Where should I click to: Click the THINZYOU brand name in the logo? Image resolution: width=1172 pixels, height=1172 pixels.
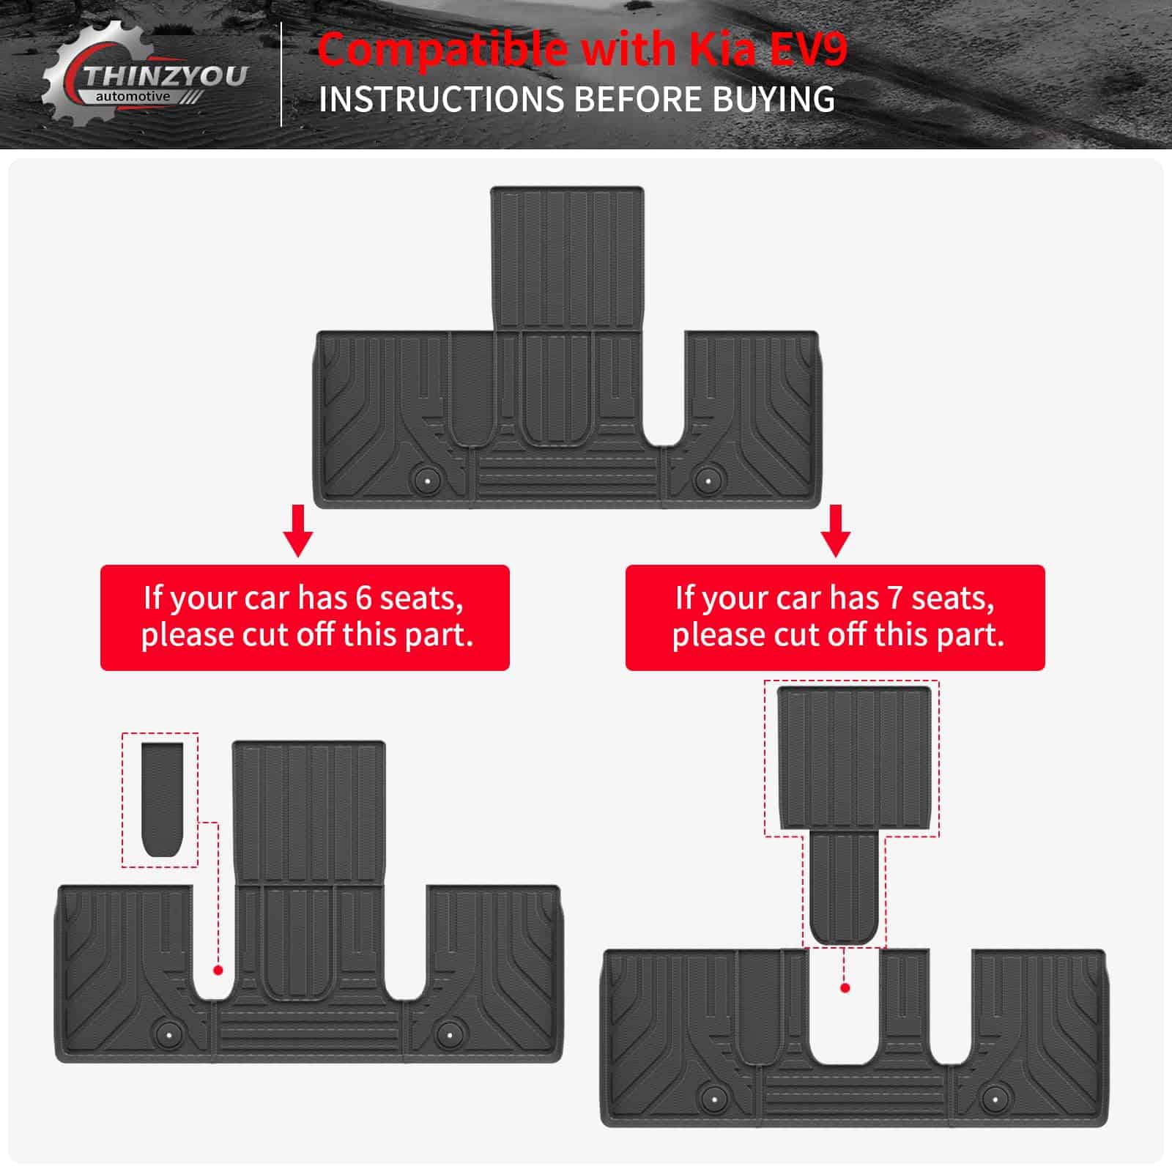(166, 76)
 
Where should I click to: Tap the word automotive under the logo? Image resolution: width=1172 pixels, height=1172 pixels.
(133, 96)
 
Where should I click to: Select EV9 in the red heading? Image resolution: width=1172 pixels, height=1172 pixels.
(808, 49)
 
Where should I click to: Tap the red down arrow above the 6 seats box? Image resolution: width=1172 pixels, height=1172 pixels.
(298, 530)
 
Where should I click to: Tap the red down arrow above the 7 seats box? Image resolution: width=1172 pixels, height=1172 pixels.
(836, 530)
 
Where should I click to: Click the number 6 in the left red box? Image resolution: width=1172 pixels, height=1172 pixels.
(363, 598)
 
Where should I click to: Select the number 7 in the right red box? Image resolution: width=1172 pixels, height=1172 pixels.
(894, 598)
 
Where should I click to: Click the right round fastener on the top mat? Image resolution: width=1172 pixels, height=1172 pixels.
(708, 481)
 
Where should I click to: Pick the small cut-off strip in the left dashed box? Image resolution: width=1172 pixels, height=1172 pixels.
(162, 799)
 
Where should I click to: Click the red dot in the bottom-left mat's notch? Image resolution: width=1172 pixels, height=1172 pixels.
(218, 970)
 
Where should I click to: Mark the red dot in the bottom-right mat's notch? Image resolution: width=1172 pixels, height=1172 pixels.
(845, 988)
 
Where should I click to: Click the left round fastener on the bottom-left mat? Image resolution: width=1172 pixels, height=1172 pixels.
(169, 1034)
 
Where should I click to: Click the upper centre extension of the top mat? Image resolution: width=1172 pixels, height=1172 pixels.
(568, 258)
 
